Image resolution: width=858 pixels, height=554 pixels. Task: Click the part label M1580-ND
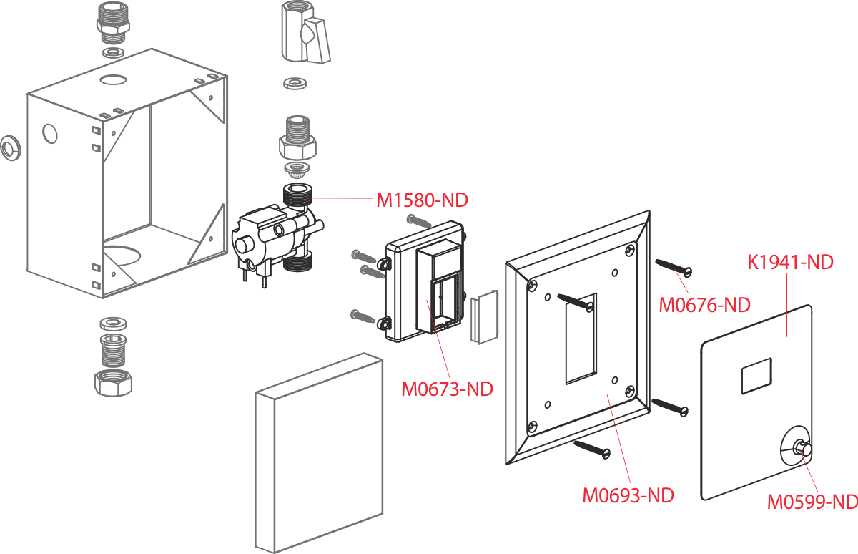pos(422,201)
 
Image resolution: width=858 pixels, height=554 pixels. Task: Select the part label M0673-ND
pos(447,389)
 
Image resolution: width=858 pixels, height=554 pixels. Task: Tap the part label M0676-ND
pos(704,306)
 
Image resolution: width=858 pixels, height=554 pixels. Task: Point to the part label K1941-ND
pos(791,262)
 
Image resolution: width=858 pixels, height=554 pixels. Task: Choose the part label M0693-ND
pos(628,495)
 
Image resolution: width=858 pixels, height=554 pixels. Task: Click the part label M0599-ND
pos(812,502)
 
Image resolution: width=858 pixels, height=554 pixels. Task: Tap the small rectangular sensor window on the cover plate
pos(756,375)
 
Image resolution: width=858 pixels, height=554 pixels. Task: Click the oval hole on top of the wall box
pos(112,77)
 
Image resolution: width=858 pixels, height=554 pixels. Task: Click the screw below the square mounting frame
pos(591,448)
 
